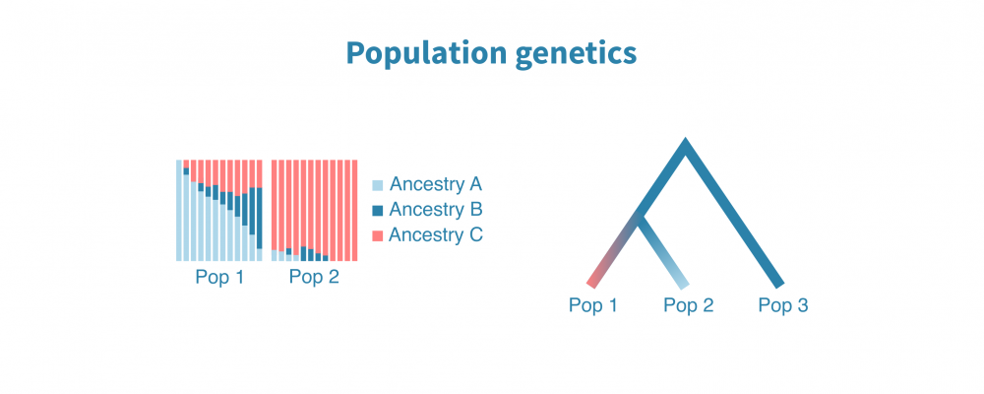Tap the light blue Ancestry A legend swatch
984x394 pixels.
point(377,184)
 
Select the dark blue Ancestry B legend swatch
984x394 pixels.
point(377,210)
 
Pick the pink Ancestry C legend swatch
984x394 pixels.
point(377,235)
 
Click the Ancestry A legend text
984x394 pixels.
point(435,184)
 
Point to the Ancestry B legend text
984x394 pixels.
point(435,210)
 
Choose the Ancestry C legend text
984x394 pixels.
point(435,235)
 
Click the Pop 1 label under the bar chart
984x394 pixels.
point(219,277)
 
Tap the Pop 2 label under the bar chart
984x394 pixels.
point(314,277)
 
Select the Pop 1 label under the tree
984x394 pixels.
point(593,305)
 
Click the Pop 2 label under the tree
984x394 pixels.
point(688,305)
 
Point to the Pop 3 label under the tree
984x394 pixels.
point(782,305)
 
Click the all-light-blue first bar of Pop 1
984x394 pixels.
point(179,210)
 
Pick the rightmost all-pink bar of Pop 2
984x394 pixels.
point(353,210)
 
